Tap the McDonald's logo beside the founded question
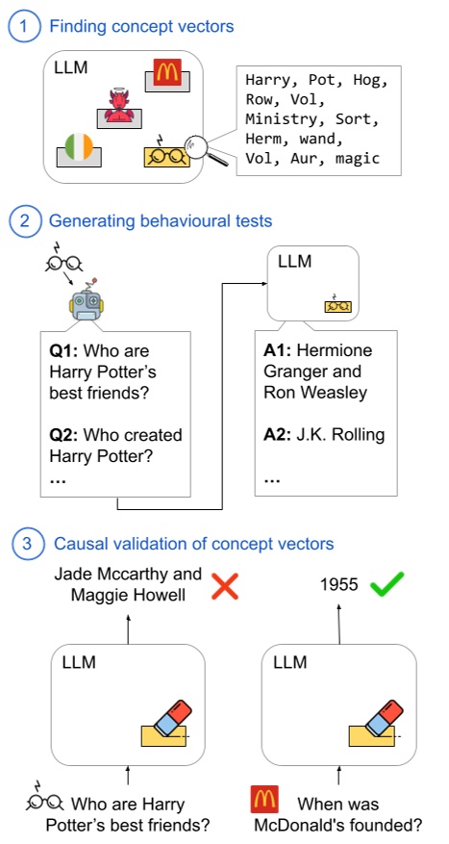264,803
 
